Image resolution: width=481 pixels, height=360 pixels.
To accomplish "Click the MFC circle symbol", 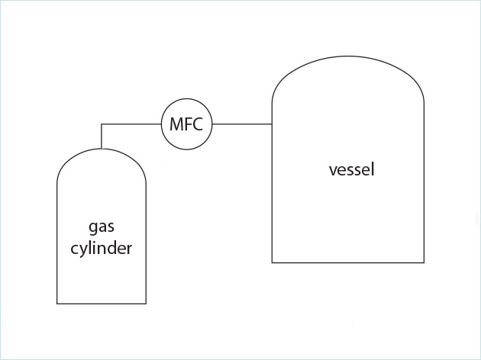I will coord(186,124).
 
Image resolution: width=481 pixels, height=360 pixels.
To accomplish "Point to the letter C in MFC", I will coord(198,124).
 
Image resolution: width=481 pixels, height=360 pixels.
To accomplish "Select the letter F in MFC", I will coord(187,124).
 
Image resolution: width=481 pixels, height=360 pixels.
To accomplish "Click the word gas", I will coord(102,228).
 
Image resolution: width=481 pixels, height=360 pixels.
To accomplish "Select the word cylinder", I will coord(102,248).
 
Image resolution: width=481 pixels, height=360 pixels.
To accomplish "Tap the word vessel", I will coord(351,169).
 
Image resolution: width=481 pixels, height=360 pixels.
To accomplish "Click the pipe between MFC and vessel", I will coord(242,124).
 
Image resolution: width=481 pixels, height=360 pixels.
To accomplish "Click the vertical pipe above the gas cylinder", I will coord(102,135).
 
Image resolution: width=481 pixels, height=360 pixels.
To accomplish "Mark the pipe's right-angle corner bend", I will coord(102,124).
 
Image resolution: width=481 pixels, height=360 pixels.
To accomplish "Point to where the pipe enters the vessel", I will coord(273,124).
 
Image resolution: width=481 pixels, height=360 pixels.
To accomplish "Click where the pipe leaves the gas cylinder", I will coord(102,147).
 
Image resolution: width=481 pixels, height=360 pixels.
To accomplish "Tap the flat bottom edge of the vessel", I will coord(348,262).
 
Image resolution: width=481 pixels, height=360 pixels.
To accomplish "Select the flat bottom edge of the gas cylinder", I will coord(102,304).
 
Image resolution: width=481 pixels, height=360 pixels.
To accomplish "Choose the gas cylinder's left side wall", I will coord(57,244).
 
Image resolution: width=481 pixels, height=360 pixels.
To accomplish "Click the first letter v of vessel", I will coord(332,170).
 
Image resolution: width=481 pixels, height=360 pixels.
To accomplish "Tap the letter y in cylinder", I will coord(83,250).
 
